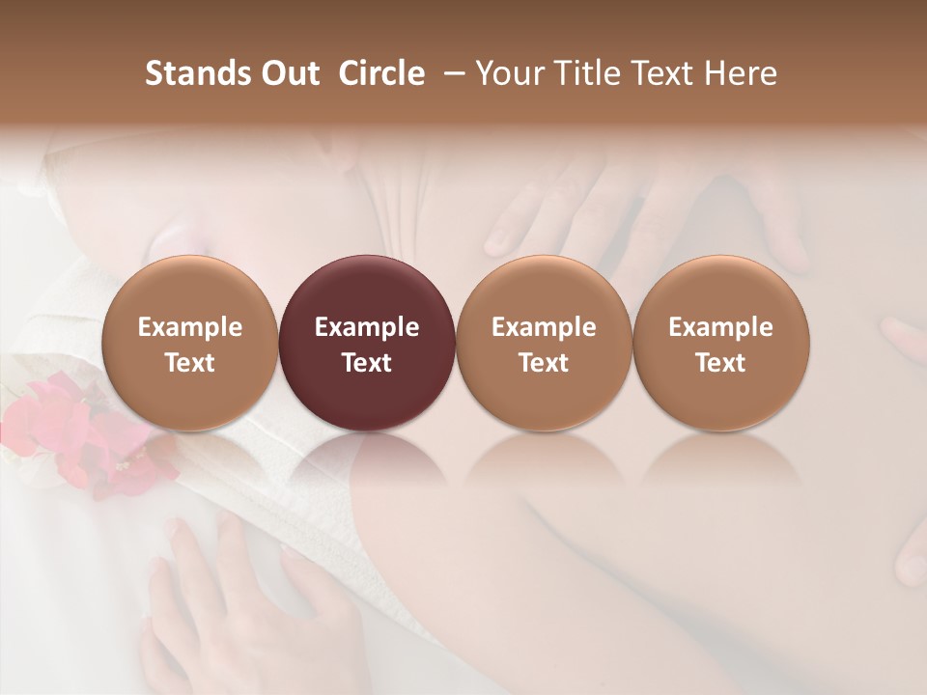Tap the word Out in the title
point(287,73)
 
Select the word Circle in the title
point(381,73)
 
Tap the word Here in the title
point(743,73)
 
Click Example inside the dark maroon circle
point(367,327)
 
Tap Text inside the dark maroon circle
point(367,363)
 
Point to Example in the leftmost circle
point(190,327)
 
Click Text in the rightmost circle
point(720,363)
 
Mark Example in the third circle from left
point(544,327)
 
